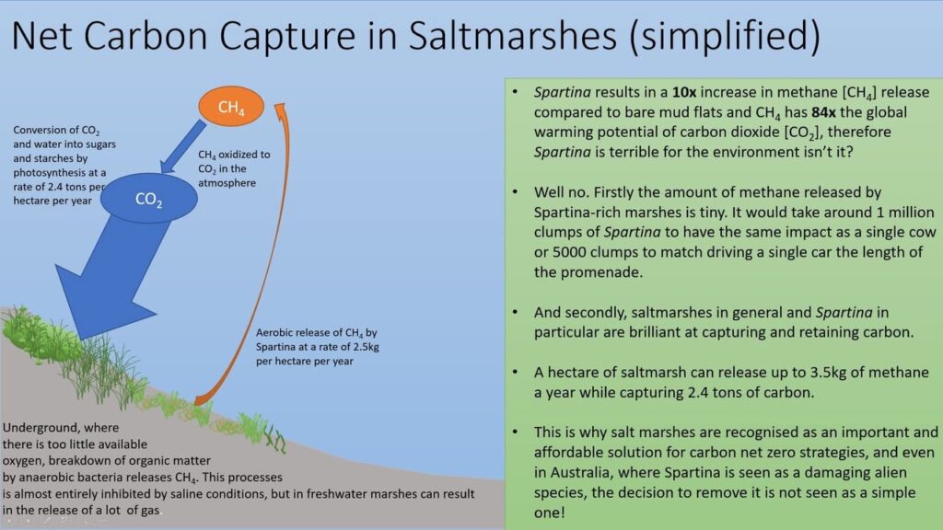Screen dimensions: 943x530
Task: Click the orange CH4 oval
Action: point(231,107)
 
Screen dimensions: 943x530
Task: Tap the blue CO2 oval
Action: point(148,199)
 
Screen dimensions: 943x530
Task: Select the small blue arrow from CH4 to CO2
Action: point(182,146)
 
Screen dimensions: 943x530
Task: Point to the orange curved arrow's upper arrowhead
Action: point(280,109)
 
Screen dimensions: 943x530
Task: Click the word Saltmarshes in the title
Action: point(513,35)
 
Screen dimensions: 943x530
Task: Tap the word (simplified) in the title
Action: point(724,36)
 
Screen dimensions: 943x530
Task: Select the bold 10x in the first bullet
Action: point(684,93)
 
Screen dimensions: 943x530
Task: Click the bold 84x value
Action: point(823,112)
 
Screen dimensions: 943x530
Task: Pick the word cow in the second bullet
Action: point(923,233)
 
